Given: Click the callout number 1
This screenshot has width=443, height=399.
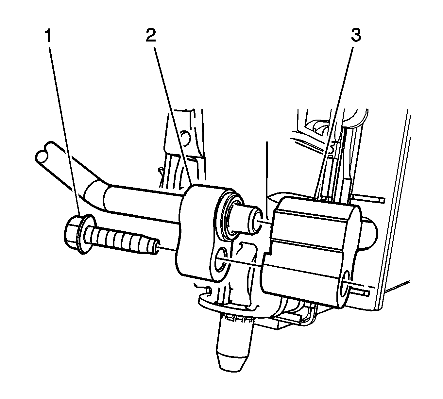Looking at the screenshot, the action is pos(48,36).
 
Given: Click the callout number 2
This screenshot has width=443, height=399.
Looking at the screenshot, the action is pos(151,36).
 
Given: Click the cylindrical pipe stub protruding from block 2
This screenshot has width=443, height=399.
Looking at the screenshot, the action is pos(247,220).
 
